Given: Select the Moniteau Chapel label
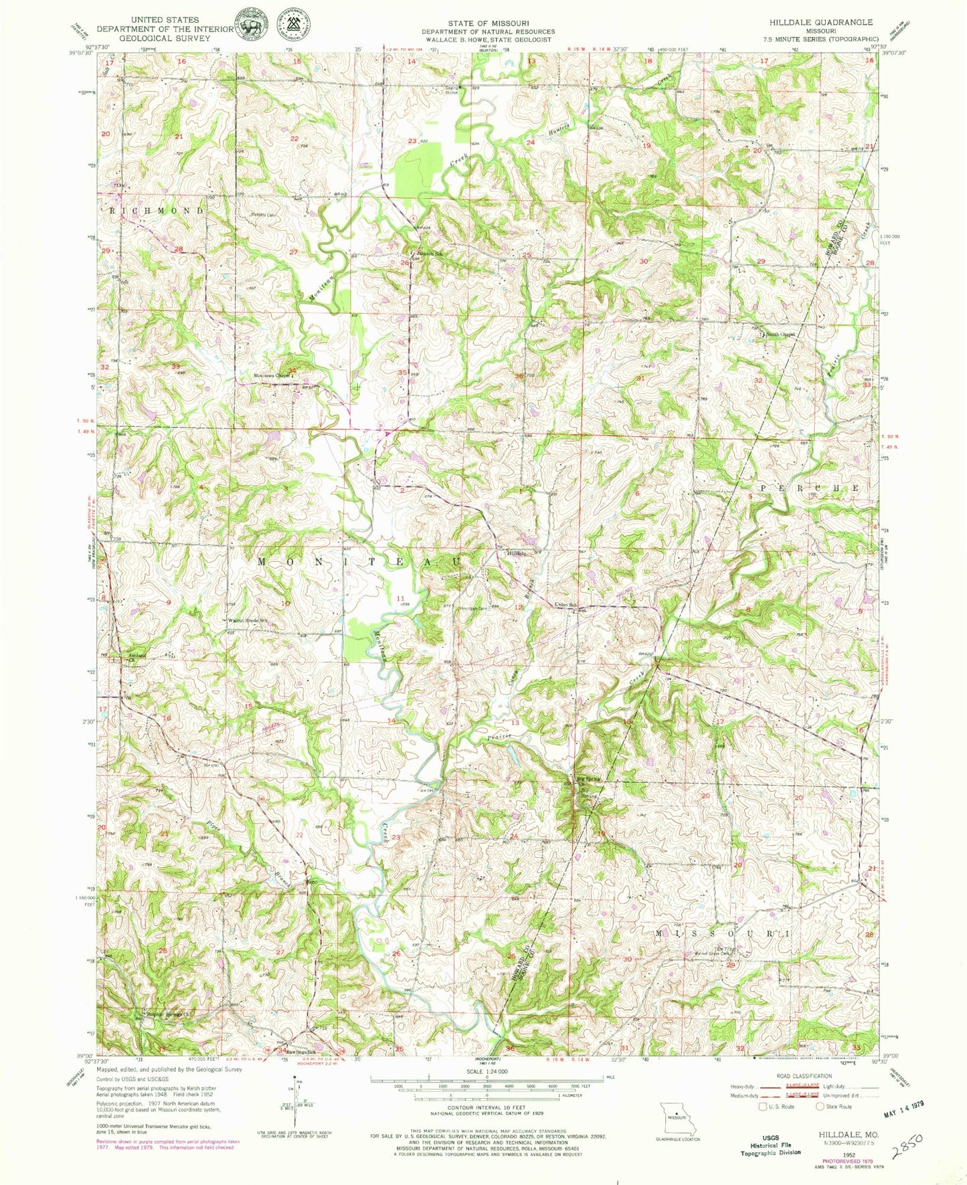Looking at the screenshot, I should (x=272, y=375).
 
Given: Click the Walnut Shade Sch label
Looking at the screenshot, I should (x=248, y=620).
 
